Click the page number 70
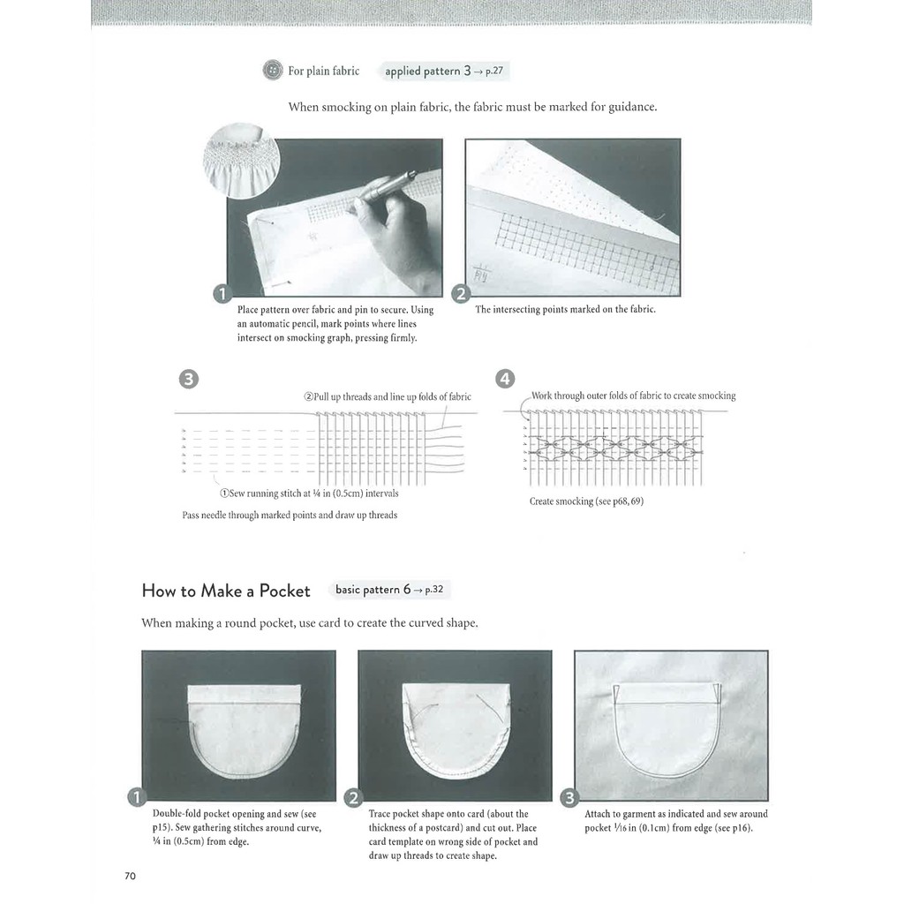click(x=131, y=876)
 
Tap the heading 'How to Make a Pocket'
click(x=226, y=591)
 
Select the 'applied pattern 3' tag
click(x=444, y=71)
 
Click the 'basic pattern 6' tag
click(x=388, y=590)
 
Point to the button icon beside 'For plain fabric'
click(x=273, y=71)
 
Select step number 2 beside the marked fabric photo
click(x=461, y=295)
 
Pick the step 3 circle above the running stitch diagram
click(x=188, y=380)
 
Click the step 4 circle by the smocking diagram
click(x=505, y=380)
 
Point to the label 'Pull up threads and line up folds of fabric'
click(x=388, y=396)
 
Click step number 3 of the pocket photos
click(x=569, y=798)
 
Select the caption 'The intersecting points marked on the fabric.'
click(x=565, y=310)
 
